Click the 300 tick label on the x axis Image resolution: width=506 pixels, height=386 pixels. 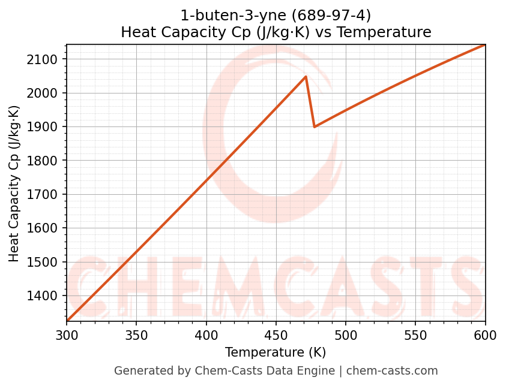[x=67, y=334]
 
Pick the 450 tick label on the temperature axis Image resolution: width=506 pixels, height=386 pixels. [x=276, y=334]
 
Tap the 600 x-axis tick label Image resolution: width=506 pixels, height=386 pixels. [x=485, y=334]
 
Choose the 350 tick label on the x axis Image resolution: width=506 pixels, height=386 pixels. [x=136, y=334]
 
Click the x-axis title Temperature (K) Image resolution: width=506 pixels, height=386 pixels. [x=276, y=352]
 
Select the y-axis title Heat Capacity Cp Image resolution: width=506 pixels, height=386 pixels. [x=14, y=183]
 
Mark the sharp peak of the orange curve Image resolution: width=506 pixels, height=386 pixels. [x=306, y=77]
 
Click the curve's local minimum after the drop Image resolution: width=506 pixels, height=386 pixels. [x=314, y=126]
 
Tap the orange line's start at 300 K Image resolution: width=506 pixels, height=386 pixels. [x=67, y=320]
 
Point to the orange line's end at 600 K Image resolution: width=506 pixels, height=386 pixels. [x=484, y=45]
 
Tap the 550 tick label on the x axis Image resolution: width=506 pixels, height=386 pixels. [x=415, y=334]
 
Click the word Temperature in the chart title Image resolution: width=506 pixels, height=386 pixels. [x=393, y=32]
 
